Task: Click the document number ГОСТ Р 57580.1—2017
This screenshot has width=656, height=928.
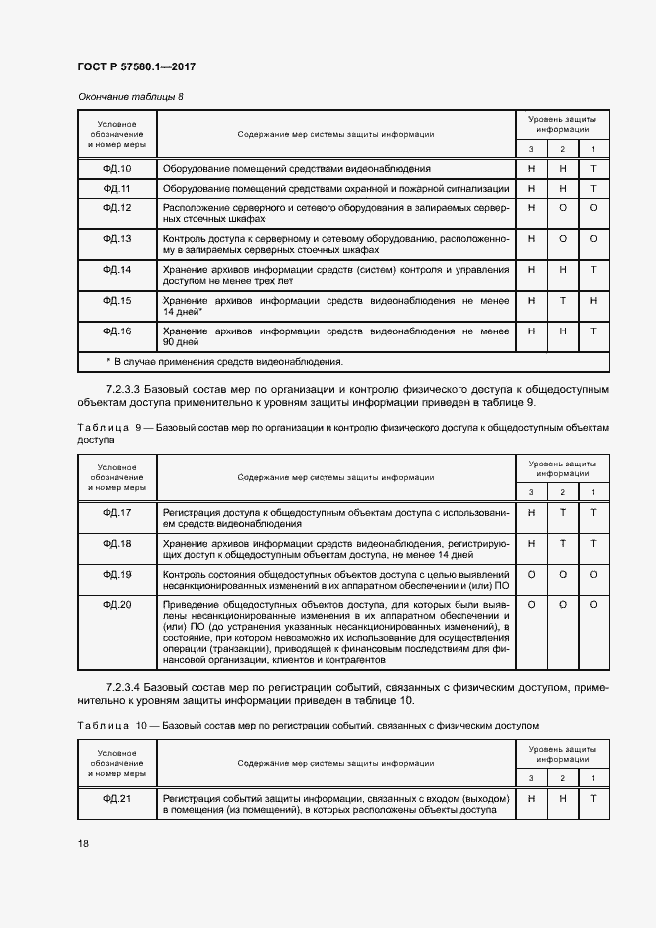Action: tap(136, 67)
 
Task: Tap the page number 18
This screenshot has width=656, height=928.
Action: tap(84, 843)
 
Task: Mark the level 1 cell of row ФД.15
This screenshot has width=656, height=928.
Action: tap(593, 300)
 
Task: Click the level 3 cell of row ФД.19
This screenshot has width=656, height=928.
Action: tap(531, 574)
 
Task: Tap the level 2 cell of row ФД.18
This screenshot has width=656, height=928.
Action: tap(562, 543)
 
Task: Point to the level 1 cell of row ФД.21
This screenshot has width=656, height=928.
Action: tap(593, 797)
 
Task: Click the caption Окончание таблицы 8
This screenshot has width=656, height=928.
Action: tap(130, 96)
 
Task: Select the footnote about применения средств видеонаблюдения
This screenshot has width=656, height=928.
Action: tap(224, 361)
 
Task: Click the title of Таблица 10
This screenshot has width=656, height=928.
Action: tap(308, 726)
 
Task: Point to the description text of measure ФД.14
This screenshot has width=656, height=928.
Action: tap(335, 275)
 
